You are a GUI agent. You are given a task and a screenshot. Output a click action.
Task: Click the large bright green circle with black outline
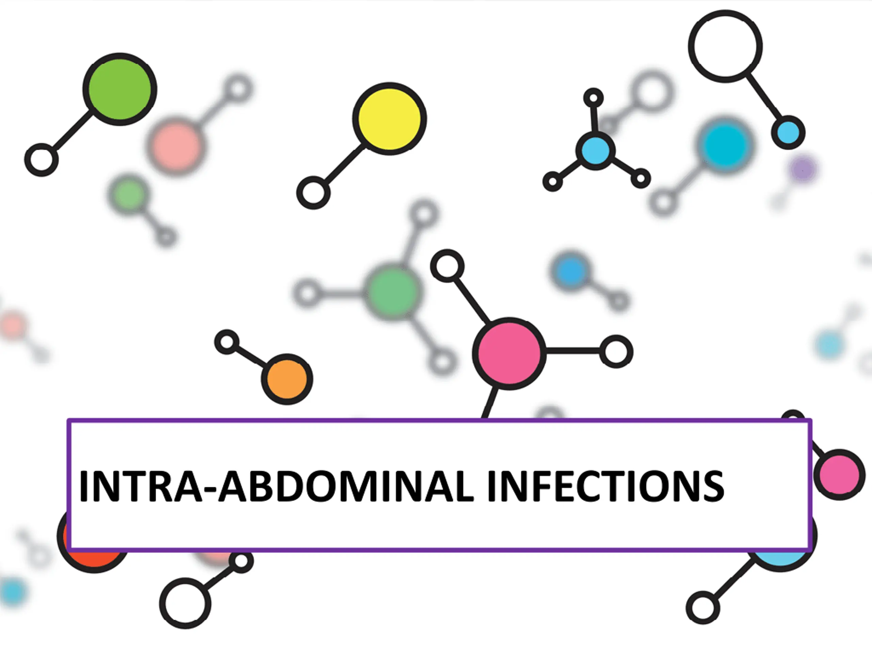pos(120,90)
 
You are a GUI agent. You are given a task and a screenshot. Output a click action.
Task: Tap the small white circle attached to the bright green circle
pos(42,160)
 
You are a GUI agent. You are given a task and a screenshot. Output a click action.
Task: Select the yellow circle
pos(389,119)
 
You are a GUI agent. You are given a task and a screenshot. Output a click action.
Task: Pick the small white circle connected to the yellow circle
pos(313,193)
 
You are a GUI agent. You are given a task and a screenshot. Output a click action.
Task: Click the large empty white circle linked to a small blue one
pos(725,46)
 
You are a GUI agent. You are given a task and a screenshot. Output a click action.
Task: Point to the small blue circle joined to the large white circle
pos(788,133)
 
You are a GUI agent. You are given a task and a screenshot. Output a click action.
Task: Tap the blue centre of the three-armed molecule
pos(595,150)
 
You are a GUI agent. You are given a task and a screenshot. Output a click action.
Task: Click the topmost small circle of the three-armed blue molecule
pos(593,97)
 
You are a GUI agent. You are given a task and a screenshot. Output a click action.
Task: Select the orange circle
pos(287,379)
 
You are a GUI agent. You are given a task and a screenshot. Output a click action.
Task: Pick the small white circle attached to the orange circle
pos(227,342)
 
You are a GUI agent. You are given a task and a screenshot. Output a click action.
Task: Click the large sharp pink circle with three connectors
pos(509,353)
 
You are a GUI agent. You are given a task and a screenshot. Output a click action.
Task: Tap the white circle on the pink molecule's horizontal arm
pos(616,352)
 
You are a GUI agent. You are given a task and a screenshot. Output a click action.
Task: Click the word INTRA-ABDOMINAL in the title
pos(276,486)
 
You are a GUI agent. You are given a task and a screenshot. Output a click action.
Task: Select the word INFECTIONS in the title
pos(606,486)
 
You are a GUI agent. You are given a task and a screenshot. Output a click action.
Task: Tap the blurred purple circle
pos(803,169)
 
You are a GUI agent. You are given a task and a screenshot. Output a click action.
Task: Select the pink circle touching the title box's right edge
pos(839,474)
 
